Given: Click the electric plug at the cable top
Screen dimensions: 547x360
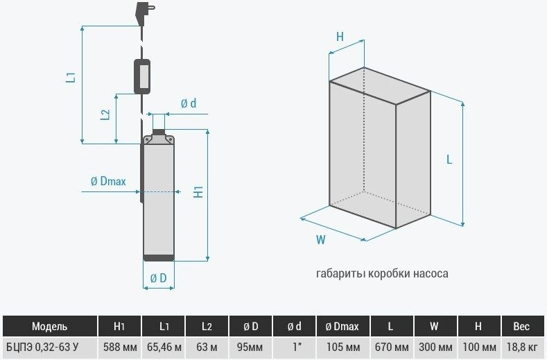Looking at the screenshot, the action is [x=143, y=13].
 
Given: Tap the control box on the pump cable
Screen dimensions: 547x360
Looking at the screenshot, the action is [x=142, y=76].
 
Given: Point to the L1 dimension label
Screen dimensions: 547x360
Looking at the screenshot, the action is [x=71, y=77].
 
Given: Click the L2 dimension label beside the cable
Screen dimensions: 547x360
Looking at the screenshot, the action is [x=105, y=114].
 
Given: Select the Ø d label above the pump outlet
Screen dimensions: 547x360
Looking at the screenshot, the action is [x=189, y=103].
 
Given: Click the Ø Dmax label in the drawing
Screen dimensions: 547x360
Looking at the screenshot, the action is [x=108, y=181].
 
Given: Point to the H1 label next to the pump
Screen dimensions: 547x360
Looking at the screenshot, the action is [x=198, y=192].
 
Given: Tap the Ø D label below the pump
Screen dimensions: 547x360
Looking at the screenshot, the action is [x=158, y=278].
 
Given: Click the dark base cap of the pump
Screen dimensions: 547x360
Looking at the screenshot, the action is [x=159, y=258].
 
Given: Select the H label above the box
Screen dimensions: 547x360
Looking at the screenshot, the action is [x=340, y=36].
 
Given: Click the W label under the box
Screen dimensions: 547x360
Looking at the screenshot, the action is [x=320, y=240].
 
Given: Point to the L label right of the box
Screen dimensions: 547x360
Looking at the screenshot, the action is [x=449, y=160].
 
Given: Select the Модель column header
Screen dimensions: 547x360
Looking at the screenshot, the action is [x=49, y=326].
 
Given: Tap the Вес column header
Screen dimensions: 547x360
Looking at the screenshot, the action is [x=521, y=326].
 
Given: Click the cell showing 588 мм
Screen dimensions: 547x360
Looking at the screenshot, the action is [x=120, y=347].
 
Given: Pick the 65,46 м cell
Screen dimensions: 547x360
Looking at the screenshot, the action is [x=164, y=347].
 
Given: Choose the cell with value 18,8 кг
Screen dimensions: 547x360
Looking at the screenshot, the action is [x=522, y=347].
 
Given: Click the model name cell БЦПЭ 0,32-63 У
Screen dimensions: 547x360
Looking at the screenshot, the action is [x=42, y=347].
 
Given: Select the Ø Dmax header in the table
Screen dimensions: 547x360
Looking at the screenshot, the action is [x=342, y=326].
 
